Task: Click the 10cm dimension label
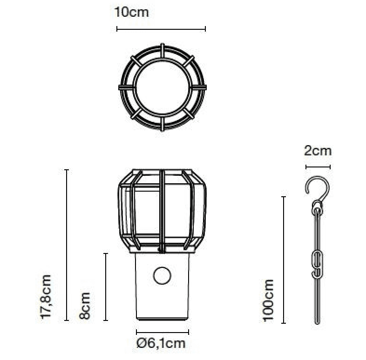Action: pyautogui.click(x=131, y=12)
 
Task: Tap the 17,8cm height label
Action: pyautogui.click(x=46, y=297)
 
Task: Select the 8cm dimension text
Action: pyautogui.click(x=84, y=306)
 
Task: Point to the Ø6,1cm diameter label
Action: pyautogui.click(x=161, y=343)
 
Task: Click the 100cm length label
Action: pyautogui.click(x=268, y=300)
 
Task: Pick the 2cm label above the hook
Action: pyautogui.click(x=318, y=151)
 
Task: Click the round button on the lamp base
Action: pyautogui.click(x=162, y=275)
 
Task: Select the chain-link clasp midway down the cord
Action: pyautogui.click(x=318, y=264)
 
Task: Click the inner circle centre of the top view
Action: pyautogui.click(x=162, y=87)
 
